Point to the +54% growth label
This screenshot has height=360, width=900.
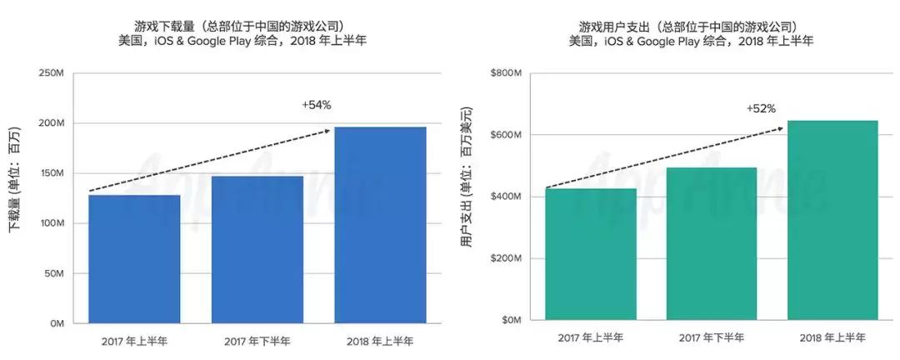[x=317, y=106]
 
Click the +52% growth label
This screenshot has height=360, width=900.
[x=761, y=108]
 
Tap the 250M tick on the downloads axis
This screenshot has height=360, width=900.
[x=52, y=73]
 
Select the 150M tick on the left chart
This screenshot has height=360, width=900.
[x=52, y=173]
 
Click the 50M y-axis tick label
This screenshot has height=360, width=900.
[x=54, y=273]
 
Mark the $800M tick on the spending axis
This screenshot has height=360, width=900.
[x=505, y=73]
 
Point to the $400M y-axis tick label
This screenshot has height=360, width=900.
[x=505, y=197]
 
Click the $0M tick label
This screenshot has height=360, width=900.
[x=510, y=320]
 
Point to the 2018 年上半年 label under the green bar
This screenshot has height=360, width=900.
[x=832, y=337]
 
